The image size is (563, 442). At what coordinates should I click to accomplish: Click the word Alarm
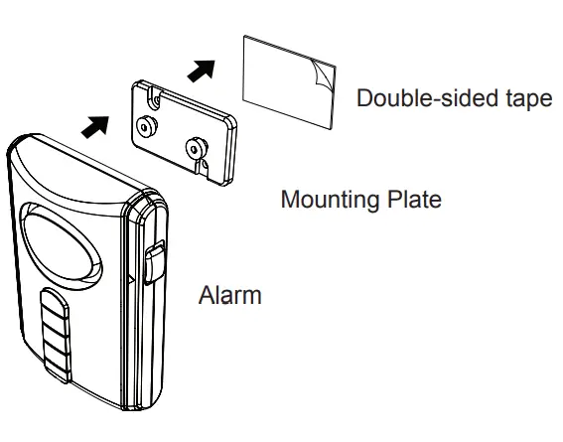click(x=230, y=295)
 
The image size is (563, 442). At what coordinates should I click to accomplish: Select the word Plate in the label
click(x=417, y=199)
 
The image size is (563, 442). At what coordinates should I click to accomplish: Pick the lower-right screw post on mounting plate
click(x=197, y=148)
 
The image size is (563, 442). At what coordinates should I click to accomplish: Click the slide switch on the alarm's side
click(x=155, y=266)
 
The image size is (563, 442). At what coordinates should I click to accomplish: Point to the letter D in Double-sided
click(x=364, y=99)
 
